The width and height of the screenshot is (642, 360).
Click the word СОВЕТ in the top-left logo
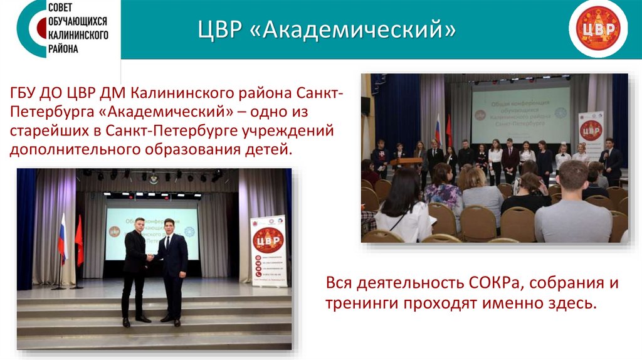tap(64, 9)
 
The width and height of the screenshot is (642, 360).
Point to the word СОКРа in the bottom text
tap(498, 283)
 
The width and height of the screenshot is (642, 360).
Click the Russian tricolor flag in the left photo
tap(62, 238)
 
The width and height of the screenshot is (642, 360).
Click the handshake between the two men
tap(150, 257)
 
